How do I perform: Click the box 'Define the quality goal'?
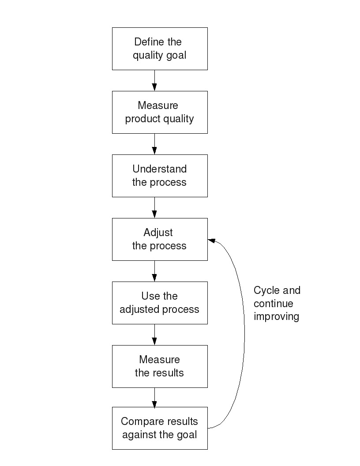click(x=160, y=49)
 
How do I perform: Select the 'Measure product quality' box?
click(x=160, y=112)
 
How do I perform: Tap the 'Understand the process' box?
click(x=160, y=176)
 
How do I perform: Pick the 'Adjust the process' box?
click(x=160, y=239)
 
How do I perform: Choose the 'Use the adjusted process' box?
click(x=160, y=303)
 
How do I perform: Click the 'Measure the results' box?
click(x=160, y=366)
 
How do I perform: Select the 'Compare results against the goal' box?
click(x=160, y=428)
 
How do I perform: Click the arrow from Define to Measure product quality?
click(x=154, y=80)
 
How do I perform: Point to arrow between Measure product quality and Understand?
click(x=154, y=144)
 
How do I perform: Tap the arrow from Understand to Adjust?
click(x=154, y=207)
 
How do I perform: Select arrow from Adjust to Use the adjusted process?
click(x=154, y=271)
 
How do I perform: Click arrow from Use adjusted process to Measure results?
click(x=154, y=334)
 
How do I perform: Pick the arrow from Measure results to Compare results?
click(x=154, y=398)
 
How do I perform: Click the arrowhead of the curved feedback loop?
click(x=211, y=241)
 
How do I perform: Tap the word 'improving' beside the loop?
click(x=276, y=316)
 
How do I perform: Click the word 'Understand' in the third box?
click(x=159, y=169)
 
